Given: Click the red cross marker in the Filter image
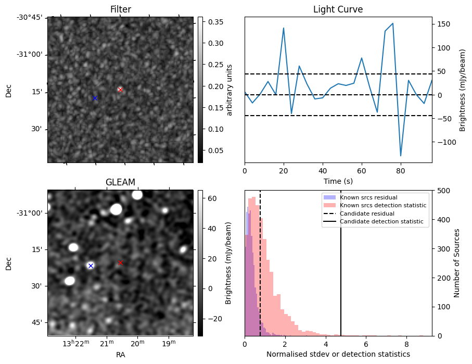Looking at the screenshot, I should tap(120, 90).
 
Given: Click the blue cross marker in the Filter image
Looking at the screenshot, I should tap(95, 98).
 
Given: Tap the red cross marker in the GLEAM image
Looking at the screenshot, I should tap(120, 262).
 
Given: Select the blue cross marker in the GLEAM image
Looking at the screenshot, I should tap(91, 266).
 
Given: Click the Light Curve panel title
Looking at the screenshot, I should tap(338, 9).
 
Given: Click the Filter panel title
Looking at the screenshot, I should tap(121, 9).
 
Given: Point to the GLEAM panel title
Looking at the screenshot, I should tap(121, 182).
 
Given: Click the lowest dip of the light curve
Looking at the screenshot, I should tap(401, 156).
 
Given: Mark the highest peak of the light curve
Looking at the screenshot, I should tap(392, 23).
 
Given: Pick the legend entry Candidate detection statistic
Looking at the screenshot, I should tap(382, 222).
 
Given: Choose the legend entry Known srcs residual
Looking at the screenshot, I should tap(368, 198).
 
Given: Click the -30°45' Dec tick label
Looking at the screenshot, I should tap(30, 17).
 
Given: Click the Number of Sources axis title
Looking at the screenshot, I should tap(456, 263).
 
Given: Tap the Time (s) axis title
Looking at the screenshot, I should tap(338, 180).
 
